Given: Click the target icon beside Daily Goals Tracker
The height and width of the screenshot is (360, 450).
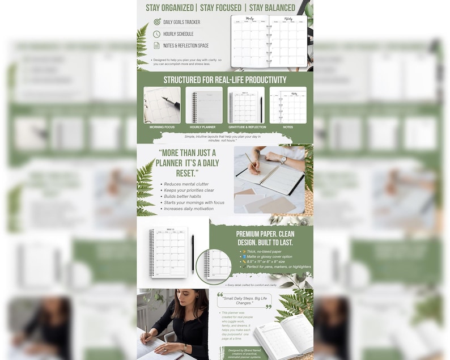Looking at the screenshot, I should tap(156, 22).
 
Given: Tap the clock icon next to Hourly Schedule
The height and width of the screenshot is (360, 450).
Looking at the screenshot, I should tap(156, 34).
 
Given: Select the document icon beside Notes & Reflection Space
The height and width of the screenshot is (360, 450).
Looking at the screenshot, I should tap(156, 46).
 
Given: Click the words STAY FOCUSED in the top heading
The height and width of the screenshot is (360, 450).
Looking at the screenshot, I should tap(221, 7).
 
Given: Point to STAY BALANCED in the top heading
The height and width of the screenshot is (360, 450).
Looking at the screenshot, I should tap(272, 7).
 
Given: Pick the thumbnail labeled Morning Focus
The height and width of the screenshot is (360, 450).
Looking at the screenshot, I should tap(162, 105).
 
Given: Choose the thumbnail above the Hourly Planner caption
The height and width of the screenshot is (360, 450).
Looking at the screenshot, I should tap(204, 105).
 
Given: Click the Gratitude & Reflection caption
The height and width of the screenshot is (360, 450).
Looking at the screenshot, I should tap(246, 127).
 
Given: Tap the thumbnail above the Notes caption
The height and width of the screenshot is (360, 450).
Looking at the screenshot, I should tap(288, 105).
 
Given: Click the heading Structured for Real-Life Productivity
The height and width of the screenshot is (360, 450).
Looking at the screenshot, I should tap(225, 80).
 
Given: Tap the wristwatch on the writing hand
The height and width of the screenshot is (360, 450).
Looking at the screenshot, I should tap(283, 160).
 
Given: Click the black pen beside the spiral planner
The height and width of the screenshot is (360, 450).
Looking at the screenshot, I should tap(193, 253).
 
